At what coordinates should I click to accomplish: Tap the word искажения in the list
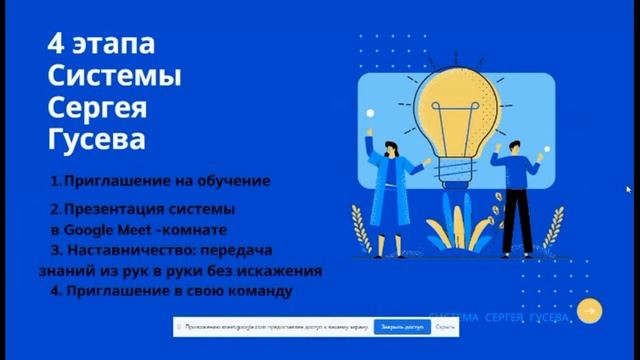[281, 269]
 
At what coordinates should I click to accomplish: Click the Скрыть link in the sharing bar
[446, 327]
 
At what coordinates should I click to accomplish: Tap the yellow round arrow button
[591, 312]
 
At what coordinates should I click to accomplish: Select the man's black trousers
[517, 221]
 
